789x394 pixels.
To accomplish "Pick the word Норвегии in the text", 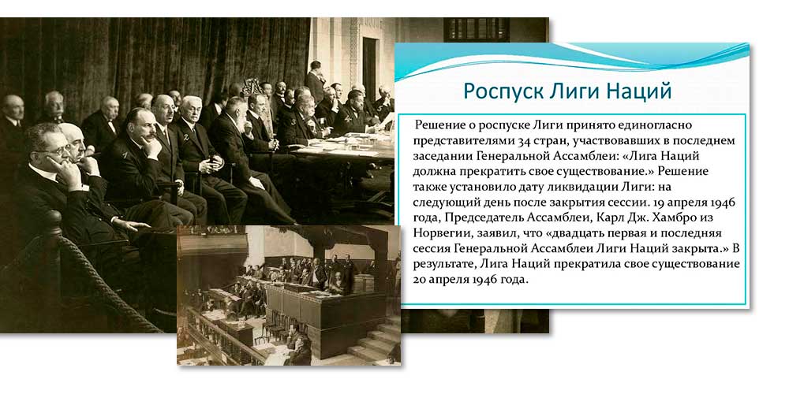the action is coord(438,234).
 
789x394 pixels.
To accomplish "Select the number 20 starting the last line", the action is coord(419,281).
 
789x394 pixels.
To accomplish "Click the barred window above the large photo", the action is coord(476,30).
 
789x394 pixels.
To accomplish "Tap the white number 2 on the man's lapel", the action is coord(186,136).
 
